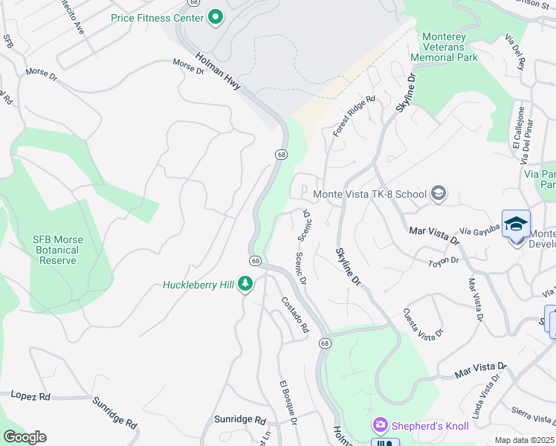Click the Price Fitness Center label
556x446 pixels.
pos(157,17)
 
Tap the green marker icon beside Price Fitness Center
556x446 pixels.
pos(216,16)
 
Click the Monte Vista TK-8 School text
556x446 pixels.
pos(369,194)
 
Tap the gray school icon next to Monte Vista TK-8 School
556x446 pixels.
pos(439,194)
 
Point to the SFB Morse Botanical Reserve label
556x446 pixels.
pos(58,250)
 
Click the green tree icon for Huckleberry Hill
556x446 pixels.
pos(246,284)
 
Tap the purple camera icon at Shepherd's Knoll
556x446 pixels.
pos(381,425)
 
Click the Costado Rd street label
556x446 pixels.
pos(294,314)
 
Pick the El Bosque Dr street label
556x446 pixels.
pos(288,402)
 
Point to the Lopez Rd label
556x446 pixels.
pos(30,395)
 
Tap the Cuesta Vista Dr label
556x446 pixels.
pos(422,322)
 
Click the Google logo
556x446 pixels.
pos(25,437)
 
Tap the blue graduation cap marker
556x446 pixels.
pos(516,223)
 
